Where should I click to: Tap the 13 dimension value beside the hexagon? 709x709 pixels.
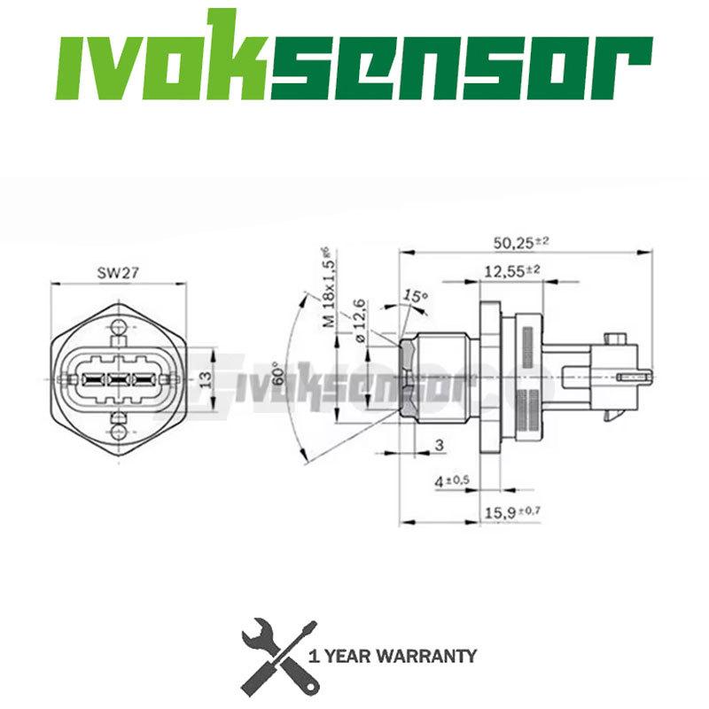click(205, 378)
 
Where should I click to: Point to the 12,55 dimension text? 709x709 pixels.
click(507, 272)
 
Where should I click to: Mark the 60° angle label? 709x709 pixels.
click(277, 378)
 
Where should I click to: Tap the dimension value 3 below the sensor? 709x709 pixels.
click(440, 444)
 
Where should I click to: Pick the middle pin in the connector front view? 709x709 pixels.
click(119, 379)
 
